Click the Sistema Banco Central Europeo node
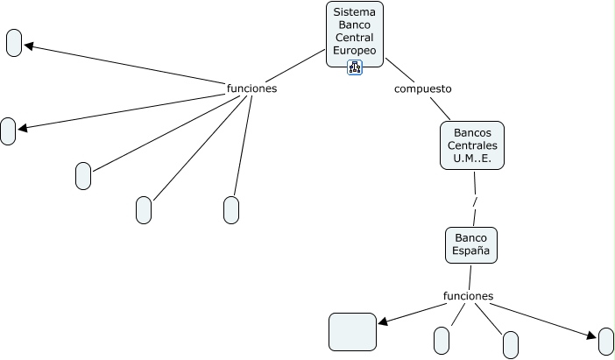point(354,32)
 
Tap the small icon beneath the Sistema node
point(355,67)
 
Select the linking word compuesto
point(422,88)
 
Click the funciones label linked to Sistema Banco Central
point(251,88)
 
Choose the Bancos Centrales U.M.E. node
point(471,145)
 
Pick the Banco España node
point(470,244)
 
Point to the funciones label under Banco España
point(469,296)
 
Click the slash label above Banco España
point(474,202)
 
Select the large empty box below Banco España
point(352,331)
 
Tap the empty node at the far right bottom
point(606,342)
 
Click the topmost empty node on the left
point(14,43)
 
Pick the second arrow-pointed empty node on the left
point(8,131)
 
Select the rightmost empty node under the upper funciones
point(231,210)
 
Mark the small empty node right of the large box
point(442,340)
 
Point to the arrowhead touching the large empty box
point(382,321)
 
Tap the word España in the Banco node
point(470,251)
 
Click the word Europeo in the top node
point(354,51)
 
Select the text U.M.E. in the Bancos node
point(471,159)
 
